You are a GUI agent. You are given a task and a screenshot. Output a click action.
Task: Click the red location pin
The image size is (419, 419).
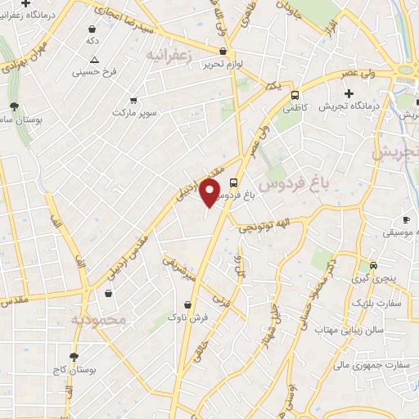(210, 192)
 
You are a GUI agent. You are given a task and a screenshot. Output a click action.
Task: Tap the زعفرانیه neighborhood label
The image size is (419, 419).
(168, 55)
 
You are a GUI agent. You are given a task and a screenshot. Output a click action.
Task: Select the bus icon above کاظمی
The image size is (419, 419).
(295, 94)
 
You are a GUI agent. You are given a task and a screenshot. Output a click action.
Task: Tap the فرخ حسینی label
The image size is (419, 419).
(96, 72)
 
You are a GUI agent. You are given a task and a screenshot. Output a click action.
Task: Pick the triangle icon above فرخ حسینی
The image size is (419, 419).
(95, 59)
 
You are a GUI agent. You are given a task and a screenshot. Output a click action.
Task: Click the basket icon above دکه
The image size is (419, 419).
(90, 28)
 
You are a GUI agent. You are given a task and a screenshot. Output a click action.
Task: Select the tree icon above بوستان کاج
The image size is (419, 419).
(74, 356)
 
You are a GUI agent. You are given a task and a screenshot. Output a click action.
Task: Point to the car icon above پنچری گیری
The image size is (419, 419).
(373, 265)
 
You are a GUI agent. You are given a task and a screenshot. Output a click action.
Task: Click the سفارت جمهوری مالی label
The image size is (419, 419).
(365, 357)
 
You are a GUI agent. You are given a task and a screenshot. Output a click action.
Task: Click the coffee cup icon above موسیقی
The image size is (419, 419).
(406, 219)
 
